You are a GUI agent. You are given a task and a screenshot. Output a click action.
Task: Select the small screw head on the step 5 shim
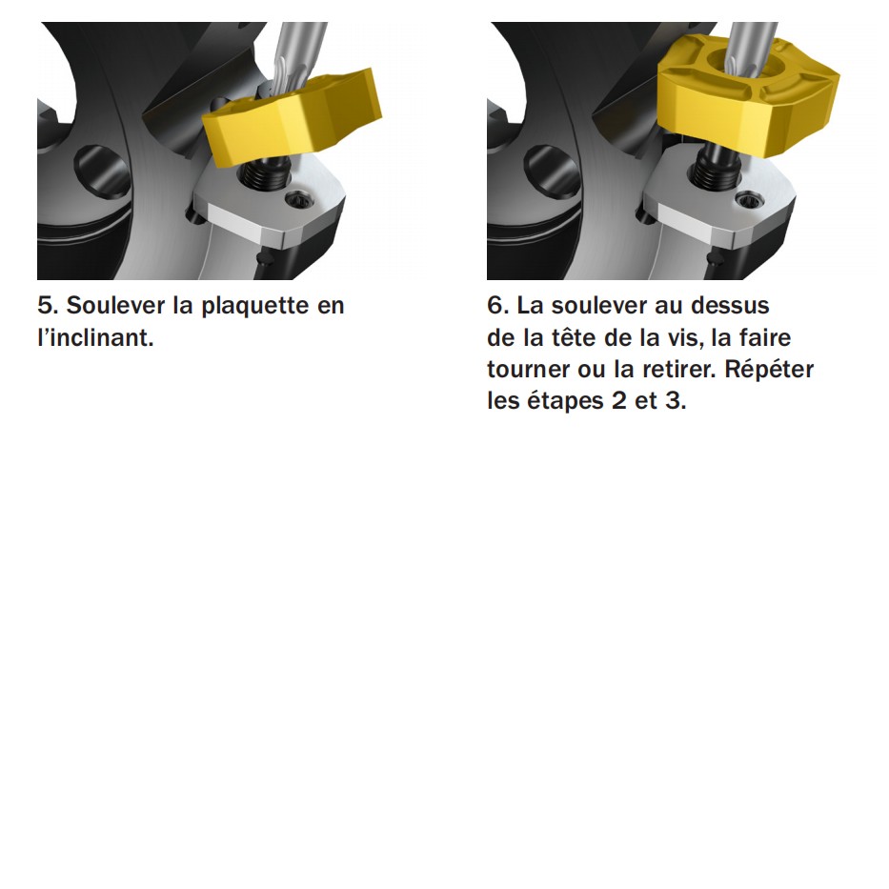[x=297, y=200]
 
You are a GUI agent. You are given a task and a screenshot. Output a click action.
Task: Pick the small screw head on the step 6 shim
[x=746, y=201]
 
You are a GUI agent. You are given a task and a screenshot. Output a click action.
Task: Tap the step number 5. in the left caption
[x=48, y=306]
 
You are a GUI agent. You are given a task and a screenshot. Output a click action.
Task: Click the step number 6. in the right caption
[x=497, y=306]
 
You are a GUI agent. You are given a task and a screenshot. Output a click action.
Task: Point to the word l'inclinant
[x=95, y=337]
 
